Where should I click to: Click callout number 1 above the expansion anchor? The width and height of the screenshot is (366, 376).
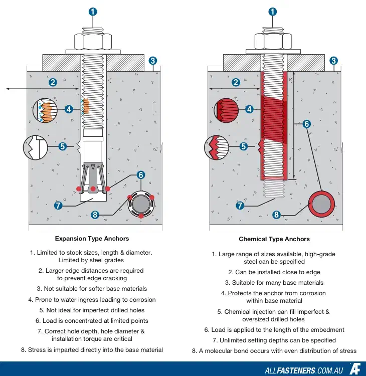tap(93, 12)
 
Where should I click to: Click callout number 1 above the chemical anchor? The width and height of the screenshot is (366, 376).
tap(273, 12)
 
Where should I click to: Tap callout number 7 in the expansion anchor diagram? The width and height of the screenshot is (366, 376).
tap(58, 205)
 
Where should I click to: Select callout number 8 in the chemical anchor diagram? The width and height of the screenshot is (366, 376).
tap(276, 215)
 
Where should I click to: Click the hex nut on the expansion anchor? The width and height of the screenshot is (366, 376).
tap(92, 40)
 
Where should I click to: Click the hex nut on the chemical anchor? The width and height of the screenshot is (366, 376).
tap(273, 40)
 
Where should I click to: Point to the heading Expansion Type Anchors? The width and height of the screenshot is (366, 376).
tap(92, 239)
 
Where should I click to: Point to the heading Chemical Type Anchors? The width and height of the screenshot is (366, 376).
tap(274, 239)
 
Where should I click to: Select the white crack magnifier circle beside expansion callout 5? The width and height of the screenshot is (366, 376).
tap(35, 147)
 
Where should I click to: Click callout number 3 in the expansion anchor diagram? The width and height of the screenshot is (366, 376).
tap(153, 61)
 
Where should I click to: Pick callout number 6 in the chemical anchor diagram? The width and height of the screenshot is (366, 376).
tap(307, 124)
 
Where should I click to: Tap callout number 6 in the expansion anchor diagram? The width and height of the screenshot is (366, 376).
tap(141, 175)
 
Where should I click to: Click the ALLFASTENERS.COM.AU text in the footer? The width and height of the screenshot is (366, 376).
tap(303, 370)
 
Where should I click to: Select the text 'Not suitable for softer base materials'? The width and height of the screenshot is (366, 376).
tap(92, 289)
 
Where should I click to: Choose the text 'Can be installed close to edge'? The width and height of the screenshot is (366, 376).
tap(274, 272)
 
